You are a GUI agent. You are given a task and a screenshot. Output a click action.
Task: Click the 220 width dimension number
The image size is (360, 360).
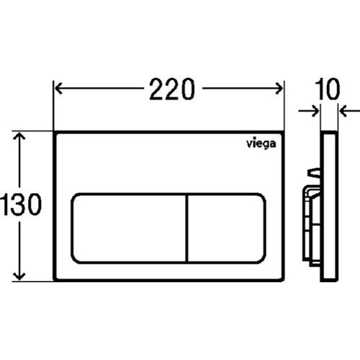click(x=172, y=89)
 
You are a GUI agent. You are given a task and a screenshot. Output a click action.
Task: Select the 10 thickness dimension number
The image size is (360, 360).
click(x=327, y=89)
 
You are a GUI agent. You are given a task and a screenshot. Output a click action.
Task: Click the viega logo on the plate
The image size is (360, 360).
click(x=261, y=144)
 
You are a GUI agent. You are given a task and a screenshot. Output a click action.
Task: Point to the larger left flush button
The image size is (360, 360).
click(x=129, y=228)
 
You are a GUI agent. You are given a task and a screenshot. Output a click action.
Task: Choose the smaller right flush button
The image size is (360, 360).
click(x=227, y=228)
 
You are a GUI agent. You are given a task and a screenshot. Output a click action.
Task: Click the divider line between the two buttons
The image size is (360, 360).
click(x=187, y=228)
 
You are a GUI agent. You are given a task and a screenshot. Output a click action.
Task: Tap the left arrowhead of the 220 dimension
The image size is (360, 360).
click(x=59, y=89)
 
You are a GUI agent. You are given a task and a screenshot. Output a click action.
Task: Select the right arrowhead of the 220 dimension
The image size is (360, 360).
click(x=279, y=89)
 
